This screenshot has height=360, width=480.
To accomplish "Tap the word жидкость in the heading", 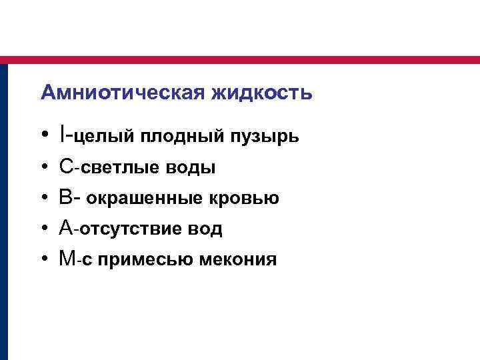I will click(x=262, y=93).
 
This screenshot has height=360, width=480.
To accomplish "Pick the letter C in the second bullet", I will click(x=65, y=167).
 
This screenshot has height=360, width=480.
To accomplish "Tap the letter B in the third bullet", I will click(x=65, y=198).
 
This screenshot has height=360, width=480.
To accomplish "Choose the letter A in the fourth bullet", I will click(x=65, y=229).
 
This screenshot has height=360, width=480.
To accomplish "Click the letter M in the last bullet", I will click(x=67, y=259).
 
